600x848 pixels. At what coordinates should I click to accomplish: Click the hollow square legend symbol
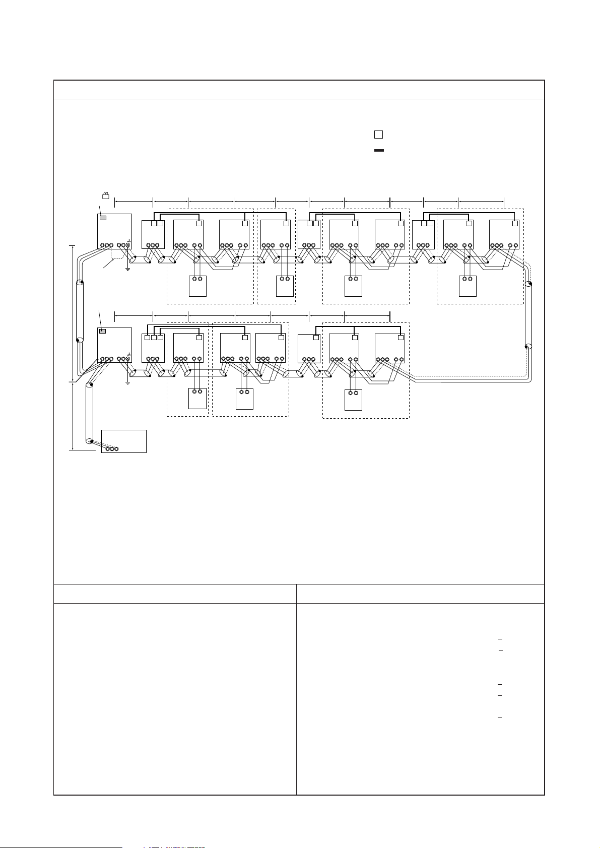pos(378,135)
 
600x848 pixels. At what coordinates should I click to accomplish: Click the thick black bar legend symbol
pos(379,150)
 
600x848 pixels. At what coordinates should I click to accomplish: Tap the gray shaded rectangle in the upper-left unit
pos(103,218)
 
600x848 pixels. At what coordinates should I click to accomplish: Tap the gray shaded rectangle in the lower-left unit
pos(103,331)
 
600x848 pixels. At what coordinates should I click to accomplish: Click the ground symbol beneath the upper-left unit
pos(128,268)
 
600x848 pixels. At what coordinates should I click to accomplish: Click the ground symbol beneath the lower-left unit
pos(128,382)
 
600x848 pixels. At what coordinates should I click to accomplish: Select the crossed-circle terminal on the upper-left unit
pos(128,245)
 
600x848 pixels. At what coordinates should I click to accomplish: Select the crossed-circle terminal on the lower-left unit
pos(128,359)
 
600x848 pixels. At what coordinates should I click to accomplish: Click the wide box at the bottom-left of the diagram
pos(124,441)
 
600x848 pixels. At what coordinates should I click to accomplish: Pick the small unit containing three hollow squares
pos(153,348)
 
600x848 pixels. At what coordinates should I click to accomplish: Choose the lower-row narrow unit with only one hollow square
pos(309,348)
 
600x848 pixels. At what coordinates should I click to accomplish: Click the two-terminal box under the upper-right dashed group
pos(468,286)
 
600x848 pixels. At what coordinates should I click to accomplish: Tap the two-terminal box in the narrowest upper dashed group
pos(285,286)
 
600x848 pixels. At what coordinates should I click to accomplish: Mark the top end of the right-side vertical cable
pos(528,285)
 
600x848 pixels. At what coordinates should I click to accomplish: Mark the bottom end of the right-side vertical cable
pos(528,347)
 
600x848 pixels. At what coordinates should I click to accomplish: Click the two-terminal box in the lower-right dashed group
pos(353,400)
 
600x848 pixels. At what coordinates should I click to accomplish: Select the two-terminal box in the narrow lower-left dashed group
pos(197,398)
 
